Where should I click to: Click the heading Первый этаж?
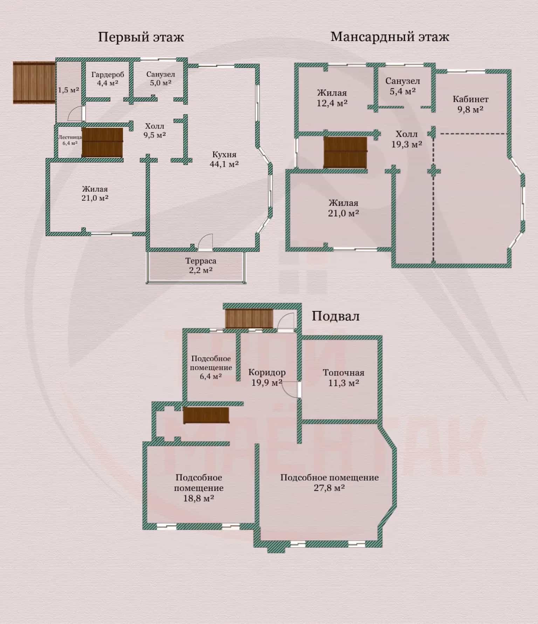140,37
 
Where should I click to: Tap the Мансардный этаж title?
389,36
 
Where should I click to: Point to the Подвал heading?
336,316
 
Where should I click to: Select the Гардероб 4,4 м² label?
108,79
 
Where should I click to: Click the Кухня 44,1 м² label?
224,159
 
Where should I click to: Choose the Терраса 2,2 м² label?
200,265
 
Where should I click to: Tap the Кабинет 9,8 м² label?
470,104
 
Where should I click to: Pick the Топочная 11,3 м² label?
343,377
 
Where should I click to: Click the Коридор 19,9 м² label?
267,377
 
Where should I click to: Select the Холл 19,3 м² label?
406,139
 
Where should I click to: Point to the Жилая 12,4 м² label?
332,98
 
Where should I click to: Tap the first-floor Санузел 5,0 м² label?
160,79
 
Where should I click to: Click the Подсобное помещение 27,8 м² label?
329,483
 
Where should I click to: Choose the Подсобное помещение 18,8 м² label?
199,488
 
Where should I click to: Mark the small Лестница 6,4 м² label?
70,140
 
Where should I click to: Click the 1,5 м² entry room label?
69,90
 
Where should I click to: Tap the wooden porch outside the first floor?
34,83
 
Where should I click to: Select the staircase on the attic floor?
345,152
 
